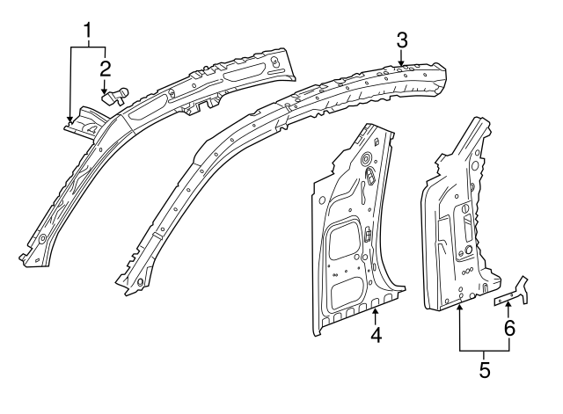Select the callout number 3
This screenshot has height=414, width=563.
[401, 39]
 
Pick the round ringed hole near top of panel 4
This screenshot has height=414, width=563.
[364, 159]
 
